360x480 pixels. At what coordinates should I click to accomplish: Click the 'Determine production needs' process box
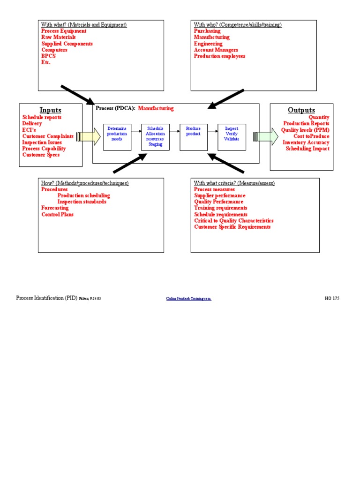click(117, 137)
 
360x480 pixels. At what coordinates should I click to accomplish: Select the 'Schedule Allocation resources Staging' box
click(155, 137)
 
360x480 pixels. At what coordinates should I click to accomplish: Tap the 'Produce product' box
click(193, 137)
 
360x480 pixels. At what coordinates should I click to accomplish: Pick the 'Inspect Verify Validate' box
click(232, 137)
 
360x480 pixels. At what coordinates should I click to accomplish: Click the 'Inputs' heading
click(50, 110)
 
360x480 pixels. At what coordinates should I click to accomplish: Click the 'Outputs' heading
click(301, 110)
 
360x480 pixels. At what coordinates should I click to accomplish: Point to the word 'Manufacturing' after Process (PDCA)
click(156, 108)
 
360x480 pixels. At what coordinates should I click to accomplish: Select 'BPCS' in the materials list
click(48, 56)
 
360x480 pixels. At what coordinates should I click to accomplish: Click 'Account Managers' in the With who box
click(216, 50)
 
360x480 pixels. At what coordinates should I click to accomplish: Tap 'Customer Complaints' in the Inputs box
click(48, 136)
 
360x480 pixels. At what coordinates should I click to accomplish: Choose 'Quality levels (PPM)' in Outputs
click(305, 130)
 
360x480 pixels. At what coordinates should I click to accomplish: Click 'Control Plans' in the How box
click(57, 215)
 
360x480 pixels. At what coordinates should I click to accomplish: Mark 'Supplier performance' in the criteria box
click(219, 195)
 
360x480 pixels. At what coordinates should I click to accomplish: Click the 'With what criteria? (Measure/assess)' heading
click(234, 183)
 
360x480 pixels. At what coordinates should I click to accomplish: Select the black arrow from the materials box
click(77, 95)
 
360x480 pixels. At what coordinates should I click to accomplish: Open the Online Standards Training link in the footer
click(188, 299)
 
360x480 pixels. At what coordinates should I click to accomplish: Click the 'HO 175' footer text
click(332, 298)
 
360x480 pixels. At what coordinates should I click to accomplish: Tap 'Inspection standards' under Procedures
click(82, 202)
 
